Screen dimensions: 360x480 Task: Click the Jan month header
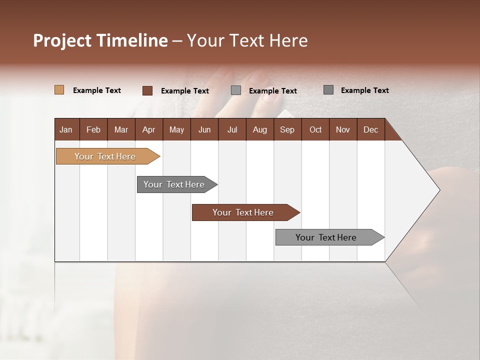pos(66,129)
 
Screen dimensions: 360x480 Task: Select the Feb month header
pos(93,129)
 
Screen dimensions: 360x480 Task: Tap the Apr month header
pos(148,129)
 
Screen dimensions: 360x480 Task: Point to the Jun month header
pos(204,129)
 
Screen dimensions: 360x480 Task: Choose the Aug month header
pos(259,129)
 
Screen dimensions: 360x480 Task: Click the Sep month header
pos(287,129)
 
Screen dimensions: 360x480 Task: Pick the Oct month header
pos(315,129)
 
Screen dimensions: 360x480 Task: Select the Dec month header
pos(370,129)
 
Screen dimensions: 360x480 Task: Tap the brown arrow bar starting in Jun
pos(243,212)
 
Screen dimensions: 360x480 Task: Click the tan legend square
pos(59,90)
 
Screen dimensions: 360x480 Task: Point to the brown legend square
pos(147,90)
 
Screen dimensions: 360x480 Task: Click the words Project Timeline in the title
pos(100,40)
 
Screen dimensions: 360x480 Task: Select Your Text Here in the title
pos(247,40)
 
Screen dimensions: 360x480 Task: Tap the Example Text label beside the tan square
pos(97,90)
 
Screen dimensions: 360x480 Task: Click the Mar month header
pos(121,129)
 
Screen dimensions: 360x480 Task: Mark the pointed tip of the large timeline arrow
pos(438,190)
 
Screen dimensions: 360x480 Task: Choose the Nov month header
pos(342,129)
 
